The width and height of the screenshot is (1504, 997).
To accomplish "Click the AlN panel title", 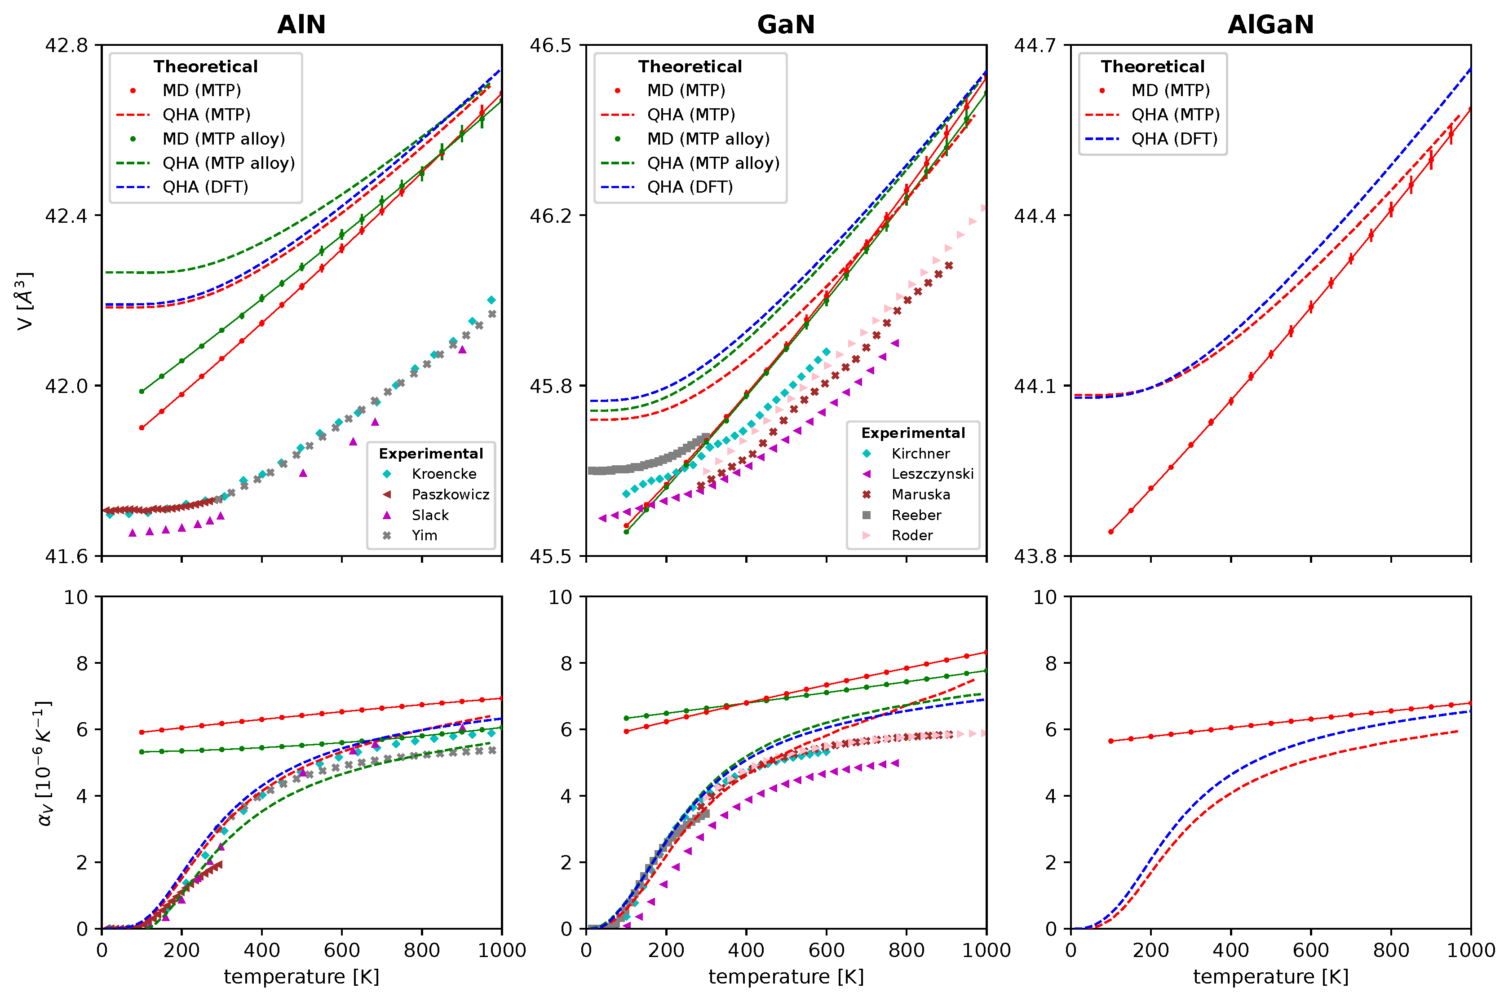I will click(301, 25).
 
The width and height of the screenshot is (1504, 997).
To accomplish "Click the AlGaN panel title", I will click(1270, 25).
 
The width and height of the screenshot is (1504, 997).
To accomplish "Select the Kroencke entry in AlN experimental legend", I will click(443, 474).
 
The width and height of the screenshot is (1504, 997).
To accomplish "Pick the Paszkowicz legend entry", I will click(450, 494).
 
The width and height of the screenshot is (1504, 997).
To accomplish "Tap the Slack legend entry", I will click(430, 515).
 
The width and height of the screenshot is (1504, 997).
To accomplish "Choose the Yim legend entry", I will click(424, 535).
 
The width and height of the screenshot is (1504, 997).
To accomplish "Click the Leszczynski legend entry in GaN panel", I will click(932, 474).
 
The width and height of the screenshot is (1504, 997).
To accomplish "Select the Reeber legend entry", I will click(916, 515).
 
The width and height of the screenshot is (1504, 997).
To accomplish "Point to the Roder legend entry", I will click(911, 535).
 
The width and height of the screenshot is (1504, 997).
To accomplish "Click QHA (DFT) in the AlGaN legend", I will click(1173, 139).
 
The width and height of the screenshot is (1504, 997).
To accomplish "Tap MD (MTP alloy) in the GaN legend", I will click(708, 139).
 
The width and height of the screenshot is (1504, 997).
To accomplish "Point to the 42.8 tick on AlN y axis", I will click(66, 45).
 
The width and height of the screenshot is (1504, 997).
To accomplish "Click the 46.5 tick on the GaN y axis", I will click(551, 45).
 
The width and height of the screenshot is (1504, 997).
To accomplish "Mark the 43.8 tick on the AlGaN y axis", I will click(1035, 556).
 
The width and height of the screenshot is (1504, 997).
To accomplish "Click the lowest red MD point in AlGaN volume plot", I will click(1111, 532).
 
